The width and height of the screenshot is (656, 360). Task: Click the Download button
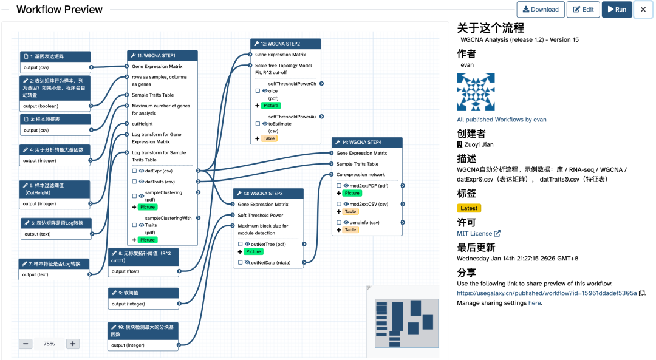(x=540, y=9)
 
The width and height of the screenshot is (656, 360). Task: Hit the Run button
(x=617, y=9)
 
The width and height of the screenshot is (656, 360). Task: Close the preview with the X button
(x=643, y=10)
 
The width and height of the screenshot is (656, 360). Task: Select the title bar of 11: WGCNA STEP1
(x=162, y=55)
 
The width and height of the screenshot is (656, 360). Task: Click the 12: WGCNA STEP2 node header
(x=285, y=44)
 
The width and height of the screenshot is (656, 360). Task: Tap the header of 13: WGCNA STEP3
(x=268, y=194)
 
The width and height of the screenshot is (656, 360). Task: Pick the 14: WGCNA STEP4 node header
(x=367, y=142)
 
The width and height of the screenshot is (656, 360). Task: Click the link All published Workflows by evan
(x=501, y=120)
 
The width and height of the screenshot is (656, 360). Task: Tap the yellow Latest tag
(x=470, y=208)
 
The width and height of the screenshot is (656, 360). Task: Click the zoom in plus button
(x=73, y=344)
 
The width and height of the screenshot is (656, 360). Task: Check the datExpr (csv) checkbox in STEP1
(x=134, y=171)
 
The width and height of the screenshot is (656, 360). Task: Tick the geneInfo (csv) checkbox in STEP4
(x=339, y=223)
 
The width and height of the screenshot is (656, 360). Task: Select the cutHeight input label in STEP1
(x=142, y=124)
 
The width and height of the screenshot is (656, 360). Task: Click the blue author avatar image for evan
(x=476, y=92)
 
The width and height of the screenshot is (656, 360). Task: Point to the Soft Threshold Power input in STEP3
(x=260, y=215)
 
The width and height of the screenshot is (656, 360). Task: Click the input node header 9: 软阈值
(x=143, y=293)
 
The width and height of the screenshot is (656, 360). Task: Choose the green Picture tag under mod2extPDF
(x=352, y=193)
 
